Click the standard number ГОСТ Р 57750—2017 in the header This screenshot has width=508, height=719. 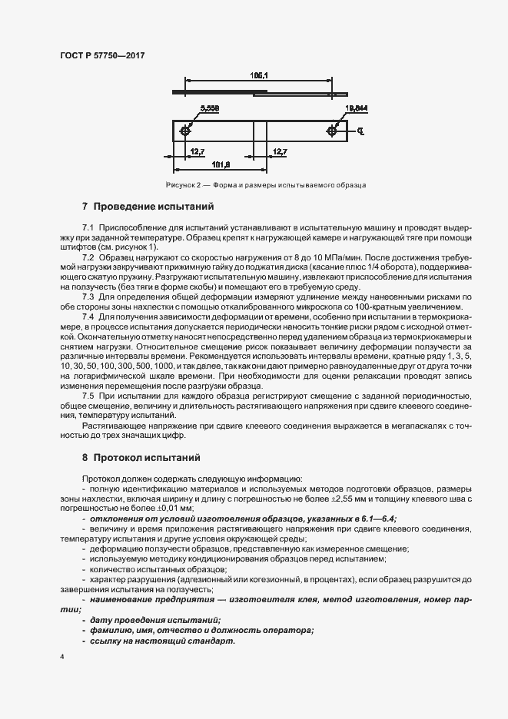[x=102, y=55]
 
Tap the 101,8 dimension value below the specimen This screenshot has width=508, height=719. [x=222, y=164]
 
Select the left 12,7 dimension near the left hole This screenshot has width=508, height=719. [x=197, y=151]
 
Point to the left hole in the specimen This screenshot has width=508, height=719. [x=185, y=131]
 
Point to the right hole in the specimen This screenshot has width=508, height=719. [x=331, y=131]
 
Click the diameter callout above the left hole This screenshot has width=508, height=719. [x=209, y=108]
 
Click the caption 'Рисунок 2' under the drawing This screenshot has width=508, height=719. [x=182, y=185]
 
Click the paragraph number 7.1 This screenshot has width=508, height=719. [x=88, y=228]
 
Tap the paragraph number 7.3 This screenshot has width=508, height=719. [x=88, y=296]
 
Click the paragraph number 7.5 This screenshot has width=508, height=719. [x=88, y=394]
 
